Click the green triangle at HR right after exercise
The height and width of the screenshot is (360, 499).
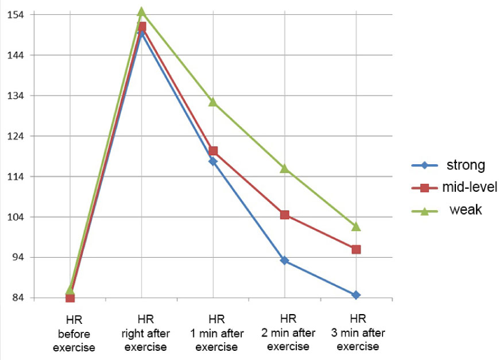pos(141,11)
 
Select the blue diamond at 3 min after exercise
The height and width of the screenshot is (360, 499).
pos(356,295)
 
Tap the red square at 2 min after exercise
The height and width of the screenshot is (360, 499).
pos(284,215)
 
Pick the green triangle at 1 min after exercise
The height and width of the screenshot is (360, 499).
pos(213,102)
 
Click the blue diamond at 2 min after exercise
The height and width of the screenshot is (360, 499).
pos(284,261)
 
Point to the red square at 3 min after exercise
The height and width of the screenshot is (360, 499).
pos(356,249)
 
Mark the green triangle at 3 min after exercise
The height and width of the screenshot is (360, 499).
pos(356,226)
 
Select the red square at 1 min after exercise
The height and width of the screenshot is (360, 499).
pos(213,151)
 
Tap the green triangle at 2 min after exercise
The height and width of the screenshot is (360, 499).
pos(284,168)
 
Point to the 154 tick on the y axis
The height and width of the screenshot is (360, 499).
pos(14,14)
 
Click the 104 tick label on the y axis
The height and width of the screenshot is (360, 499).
pos(14,217)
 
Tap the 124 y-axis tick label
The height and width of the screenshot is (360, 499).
pos(14,136)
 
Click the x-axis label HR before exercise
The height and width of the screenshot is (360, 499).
pos(74,333)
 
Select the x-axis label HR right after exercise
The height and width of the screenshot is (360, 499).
pos(145,333)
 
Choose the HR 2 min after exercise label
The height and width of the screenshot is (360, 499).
pos(288,333)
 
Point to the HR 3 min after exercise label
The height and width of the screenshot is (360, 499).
pos(358,333)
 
